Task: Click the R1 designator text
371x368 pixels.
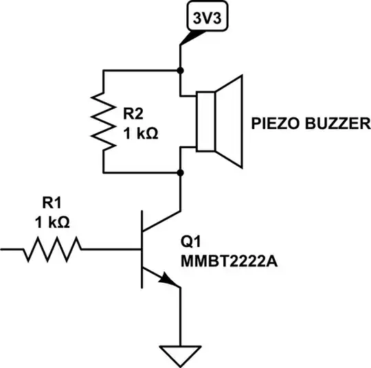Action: pos(53,203)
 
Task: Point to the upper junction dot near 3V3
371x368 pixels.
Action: pos(180,70)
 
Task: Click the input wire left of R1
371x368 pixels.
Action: pos(12,249)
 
